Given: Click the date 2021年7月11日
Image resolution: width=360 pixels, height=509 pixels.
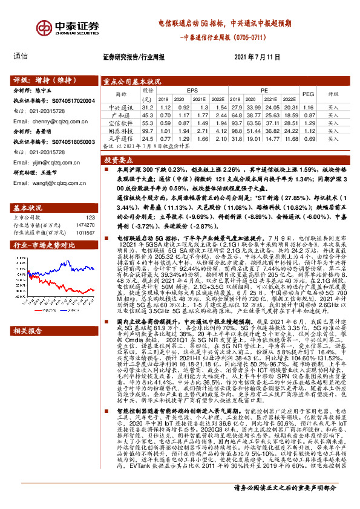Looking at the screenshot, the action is [x=257, y=57].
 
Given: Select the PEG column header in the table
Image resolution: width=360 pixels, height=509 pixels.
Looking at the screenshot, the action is [x=308, y=94].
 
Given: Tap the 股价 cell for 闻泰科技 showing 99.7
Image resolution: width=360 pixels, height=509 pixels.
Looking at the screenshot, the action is [x=148, y=131].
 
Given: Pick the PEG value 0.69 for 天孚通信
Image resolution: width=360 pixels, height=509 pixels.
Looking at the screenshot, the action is [x=308, y=138].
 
